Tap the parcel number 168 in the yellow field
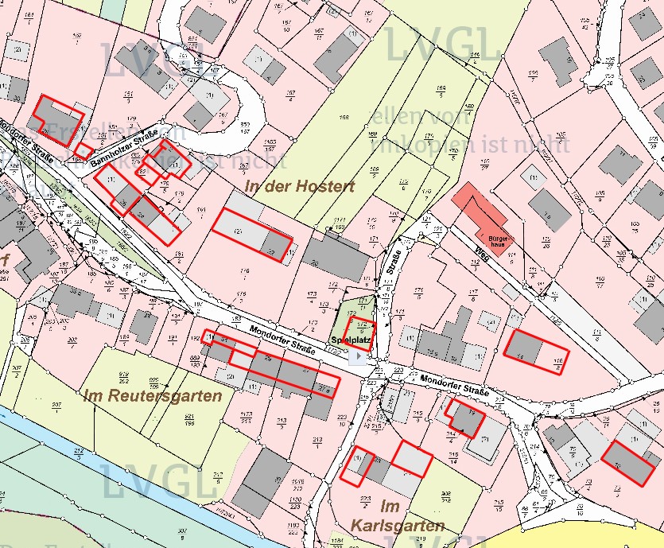pos(344,118)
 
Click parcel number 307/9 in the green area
pos(183,532)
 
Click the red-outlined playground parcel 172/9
pos(362,328)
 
